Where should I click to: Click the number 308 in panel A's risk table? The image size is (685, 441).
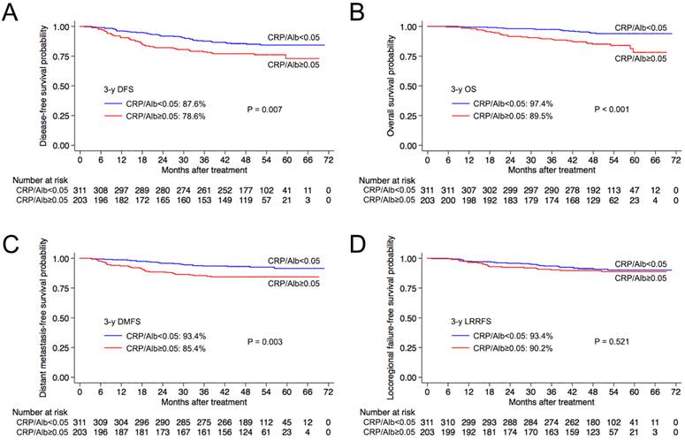coord(103,189)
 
